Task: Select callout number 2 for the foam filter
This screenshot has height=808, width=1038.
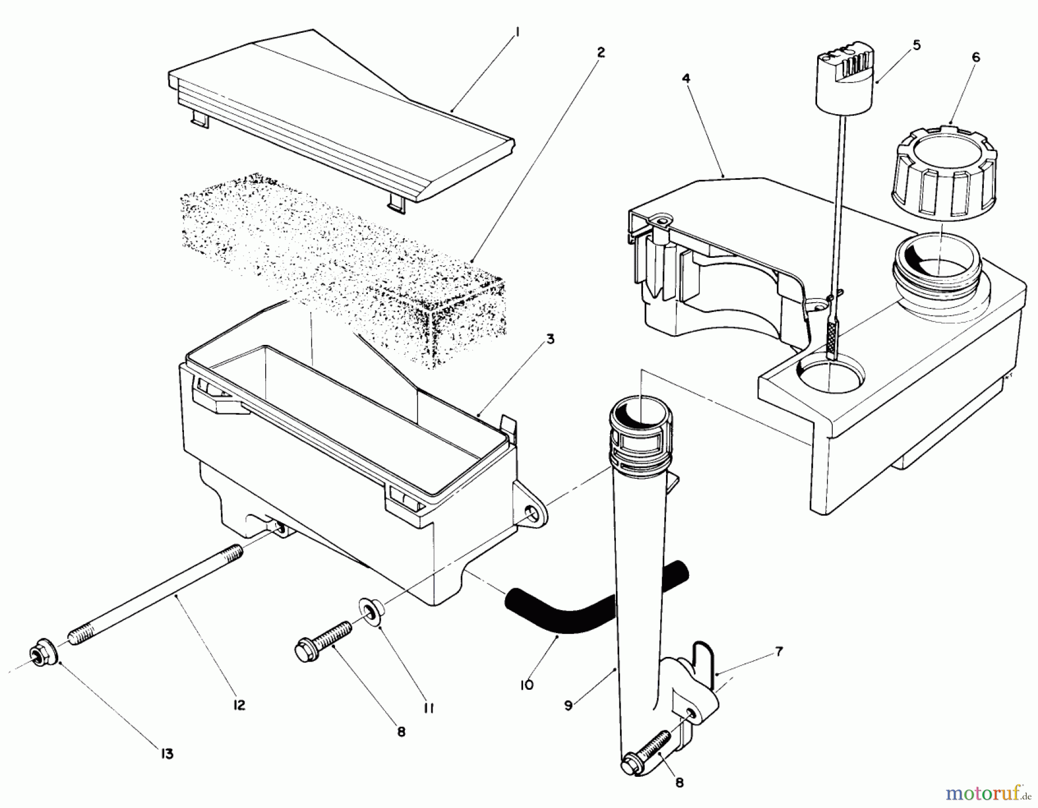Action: (x=600, y=52)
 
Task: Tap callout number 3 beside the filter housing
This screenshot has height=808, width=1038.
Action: (x=550, y=339)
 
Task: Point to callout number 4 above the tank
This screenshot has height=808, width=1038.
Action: (x=686, y=78)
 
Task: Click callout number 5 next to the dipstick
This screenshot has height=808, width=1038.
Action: (x=917, y=45)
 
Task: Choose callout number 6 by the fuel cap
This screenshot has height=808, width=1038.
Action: (x=976, y=58)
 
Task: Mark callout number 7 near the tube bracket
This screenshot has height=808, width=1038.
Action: (x=778, y=652)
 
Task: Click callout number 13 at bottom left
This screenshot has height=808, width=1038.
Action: (x=167, y=753)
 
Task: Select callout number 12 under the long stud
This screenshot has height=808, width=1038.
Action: (x=239, y=705)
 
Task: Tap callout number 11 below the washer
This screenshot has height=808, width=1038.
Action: (x=427, y=708)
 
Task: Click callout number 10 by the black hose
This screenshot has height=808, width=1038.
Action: (x=526, y=685)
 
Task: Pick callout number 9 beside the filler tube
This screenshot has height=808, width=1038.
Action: (x=568, y=705)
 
